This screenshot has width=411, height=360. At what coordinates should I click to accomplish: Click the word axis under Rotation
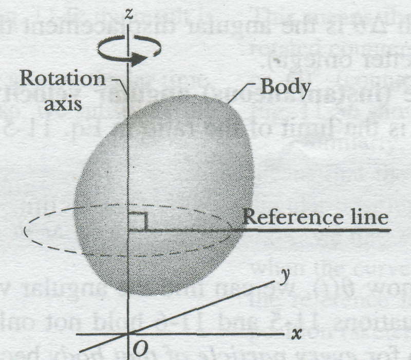pos(64,104)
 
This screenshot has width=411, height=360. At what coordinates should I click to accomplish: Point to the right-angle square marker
pos(138,221)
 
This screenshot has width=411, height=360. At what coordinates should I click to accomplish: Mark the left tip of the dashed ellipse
pos(25,230)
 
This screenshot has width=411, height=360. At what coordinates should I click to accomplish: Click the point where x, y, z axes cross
pos(128,334)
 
